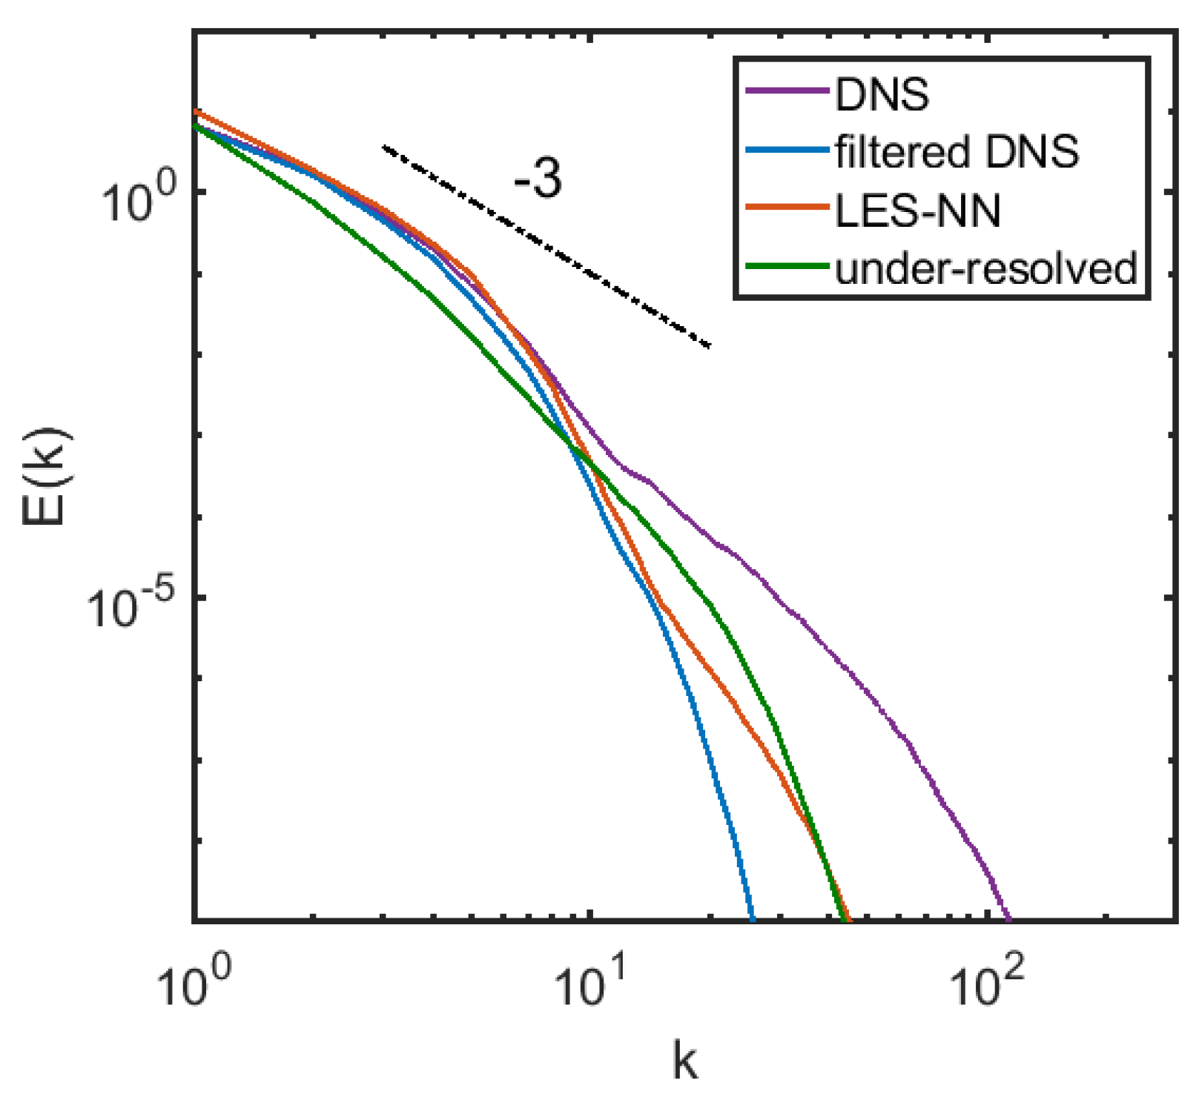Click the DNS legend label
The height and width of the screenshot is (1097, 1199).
pos(881,95)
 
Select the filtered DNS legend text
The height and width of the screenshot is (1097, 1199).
pos(957,152)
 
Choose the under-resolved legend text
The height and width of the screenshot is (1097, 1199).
pos(985,268)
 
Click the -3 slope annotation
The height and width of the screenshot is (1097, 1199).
pos(538,179)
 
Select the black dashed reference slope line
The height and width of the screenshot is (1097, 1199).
pos(546,246)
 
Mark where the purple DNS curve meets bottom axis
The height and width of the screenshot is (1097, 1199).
pos(1008,919)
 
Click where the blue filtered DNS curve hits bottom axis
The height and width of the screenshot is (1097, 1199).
pos(753,919)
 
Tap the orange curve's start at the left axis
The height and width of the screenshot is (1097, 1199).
pos(196,112)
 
